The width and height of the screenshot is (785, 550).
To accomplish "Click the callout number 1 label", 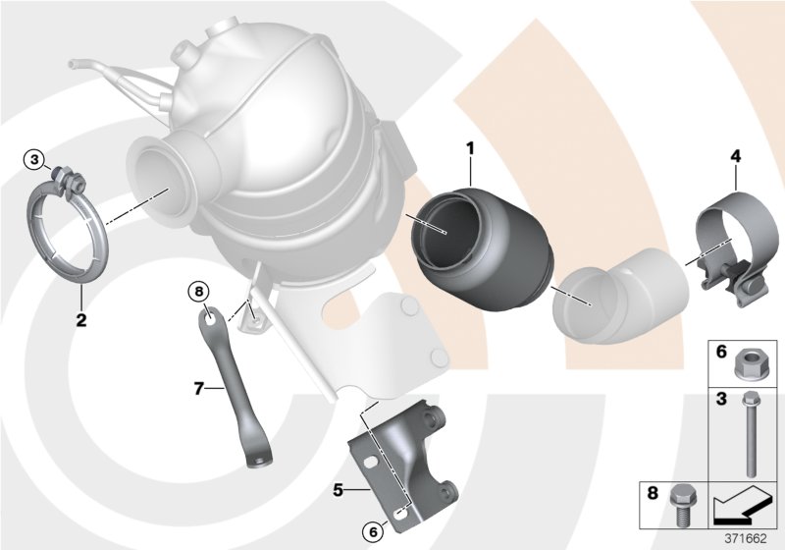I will pyautogui.click(x=470, y=148).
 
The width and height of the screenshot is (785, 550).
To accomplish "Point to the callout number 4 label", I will pyautogui.click(x=734, y=156).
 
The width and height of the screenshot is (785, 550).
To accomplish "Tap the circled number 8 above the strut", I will pyautogui.click(x=197, y=291).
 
